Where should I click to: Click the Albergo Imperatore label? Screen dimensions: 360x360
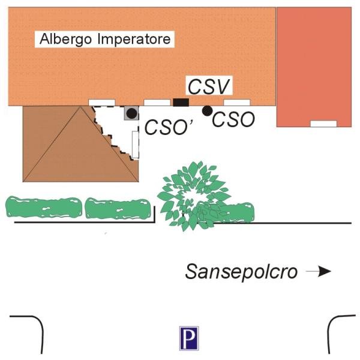[105, 40]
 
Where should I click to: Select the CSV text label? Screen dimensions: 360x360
[208, 86]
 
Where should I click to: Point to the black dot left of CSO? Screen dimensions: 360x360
[207, 110]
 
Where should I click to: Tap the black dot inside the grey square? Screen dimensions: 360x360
[131, 113]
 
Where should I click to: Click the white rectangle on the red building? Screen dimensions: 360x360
[323, 124]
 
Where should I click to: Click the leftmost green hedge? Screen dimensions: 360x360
[43, 207]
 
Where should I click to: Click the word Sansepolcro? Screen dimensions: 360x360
[242, 271]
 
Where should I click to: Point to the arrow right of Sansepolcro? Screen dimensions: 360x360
[319, 271]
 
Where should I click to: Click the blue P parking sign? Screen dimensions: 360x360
[188, 338]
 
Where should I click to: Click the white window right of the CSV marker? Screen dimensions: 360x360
[236, 102]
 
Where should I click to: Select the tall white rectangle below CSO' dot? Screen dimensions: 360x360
[136, 143]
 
